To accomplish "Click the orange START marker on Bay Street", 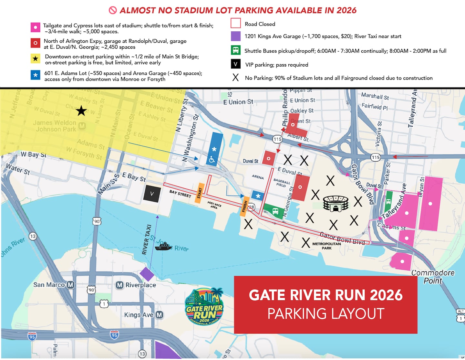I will coord(199,193).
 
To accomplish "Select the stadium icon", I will coord(336,204).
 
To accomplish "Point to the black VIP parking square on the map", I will coord(152,194).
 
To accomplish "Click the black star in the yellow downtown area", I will coord(81,111).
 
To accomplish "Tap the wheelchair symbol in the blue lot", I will coord(212,159).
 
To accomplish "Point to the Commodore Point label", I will coord(433,277).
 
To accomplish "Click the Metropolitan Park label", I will coord(326,246).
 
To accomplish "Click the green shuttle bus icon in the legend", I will coord(236,50).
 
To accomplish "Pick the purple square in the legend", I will coord(236,36).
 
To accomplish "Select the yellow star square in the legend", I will coord(36,58).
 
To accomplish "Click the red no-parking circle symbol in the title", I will coord(113,10).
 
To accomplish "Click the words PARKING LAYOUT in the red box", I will coord(326,313).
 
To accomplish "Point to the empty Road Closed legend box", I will coord(236,24).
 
